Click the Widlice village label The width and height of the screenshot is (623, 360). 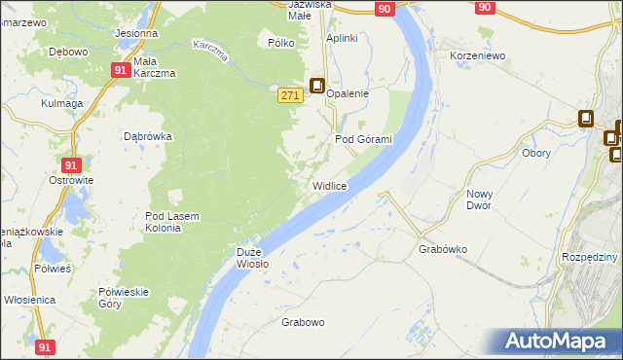tap(330, 185)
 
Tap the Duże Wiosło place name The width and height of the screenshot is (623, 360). tap(252, 257)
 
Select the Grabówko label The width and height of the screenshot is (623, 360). tap(443, 249)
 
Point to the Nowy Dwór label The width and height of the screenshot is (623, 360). tap(480, 199)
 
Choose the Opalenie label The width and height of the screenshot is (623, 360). tap(348, 93)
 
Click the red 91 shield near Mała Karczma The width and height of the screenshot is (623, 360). tap(120, 70)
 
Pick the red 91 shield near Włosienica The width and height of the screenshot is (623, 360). tap(45, 346)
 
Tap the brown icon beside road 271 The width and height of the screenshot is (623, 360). tap(317, 86)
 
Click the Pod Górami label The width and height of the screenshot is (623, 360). tap(363, 139)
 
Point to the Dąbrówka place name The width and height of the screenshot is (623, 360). tap(148, 137)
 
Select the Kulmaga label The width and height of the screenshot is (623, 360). tap(62, 102)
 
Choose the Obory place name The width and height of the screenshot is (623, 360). tap(536, 153)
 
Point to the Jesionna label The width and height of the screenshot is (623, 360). tap(136, 33)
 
